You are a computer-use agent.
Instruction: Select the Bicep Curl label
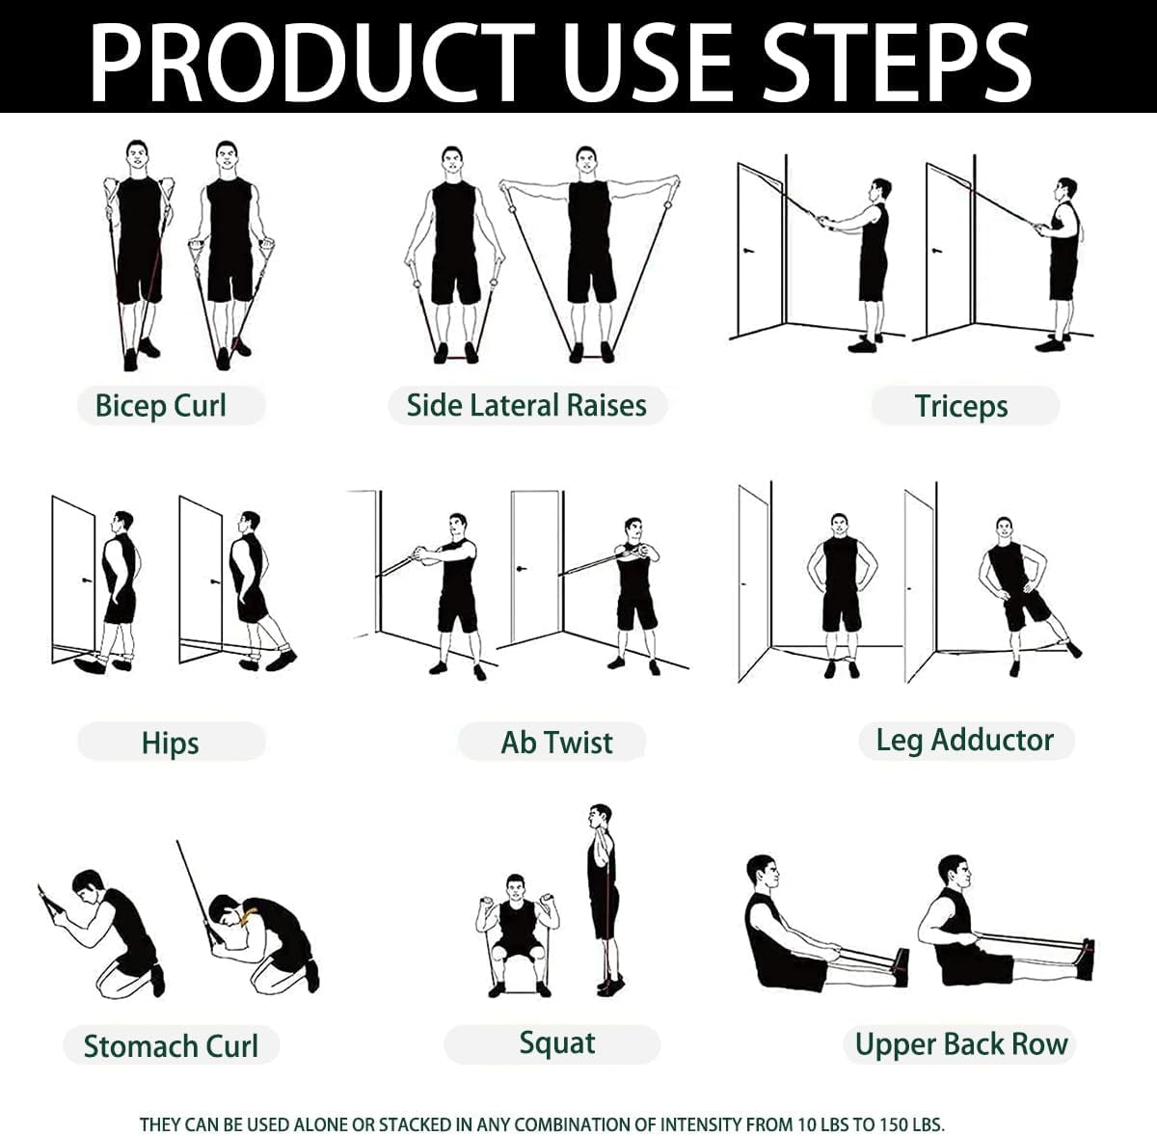click(161, 405)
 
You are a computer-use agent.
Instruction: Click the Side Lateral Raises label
click(526, 405)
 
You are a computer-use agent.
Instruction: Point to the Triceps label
click(961, 406)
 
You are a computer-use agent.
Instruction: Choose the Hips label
click(170, 743)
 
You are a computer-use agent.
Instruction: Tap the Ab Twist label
click(556, 743)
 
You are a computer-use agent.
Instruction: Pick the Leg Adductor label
click(964, 741)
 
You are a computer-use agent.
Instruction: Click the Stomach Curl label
click(171, 1045)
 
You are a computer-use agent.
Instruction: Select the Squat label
click(556, 1042)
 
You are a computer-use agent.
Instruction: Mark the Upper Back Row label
click(961, 1044)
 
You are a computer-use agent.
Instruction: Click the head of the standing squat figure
click(601, 816)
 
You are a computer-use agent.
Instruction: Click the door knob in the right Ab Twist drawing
click(524, 569)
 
